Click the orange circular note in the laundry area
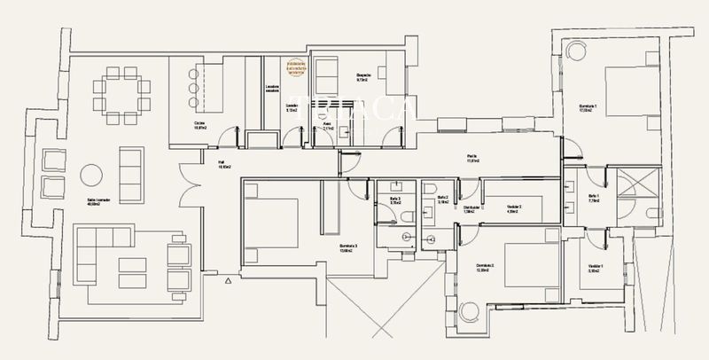pyautogui.click(x=294, y=67)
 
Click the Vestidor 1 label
pyautogui.click(x=595, y=269)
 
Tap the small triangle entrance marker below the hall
pyautogui.click(x=228, y=280)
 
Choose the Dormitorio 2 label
pyautogui.click(x=485, y=266)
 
